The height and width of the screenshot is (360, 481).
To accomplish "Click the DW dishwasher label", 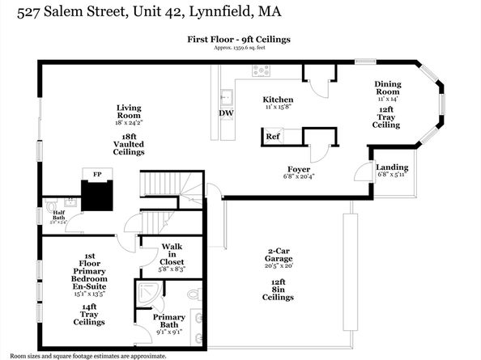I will [x=226, y=112].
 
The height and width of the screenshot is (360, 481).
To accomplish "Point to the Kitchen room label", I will [x=278, y=99].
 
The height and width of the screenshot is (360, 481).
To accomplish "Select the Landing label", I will [x=392, y=167].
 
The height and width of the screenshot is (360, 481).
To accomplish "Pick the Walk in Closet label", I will [x=172, y=254].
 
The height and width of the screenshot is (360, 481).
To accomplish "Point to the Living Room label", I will [x=129, y=112].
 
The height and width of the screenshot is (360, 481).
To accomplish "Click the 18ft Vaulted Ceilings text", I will [x=129, y=146].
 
